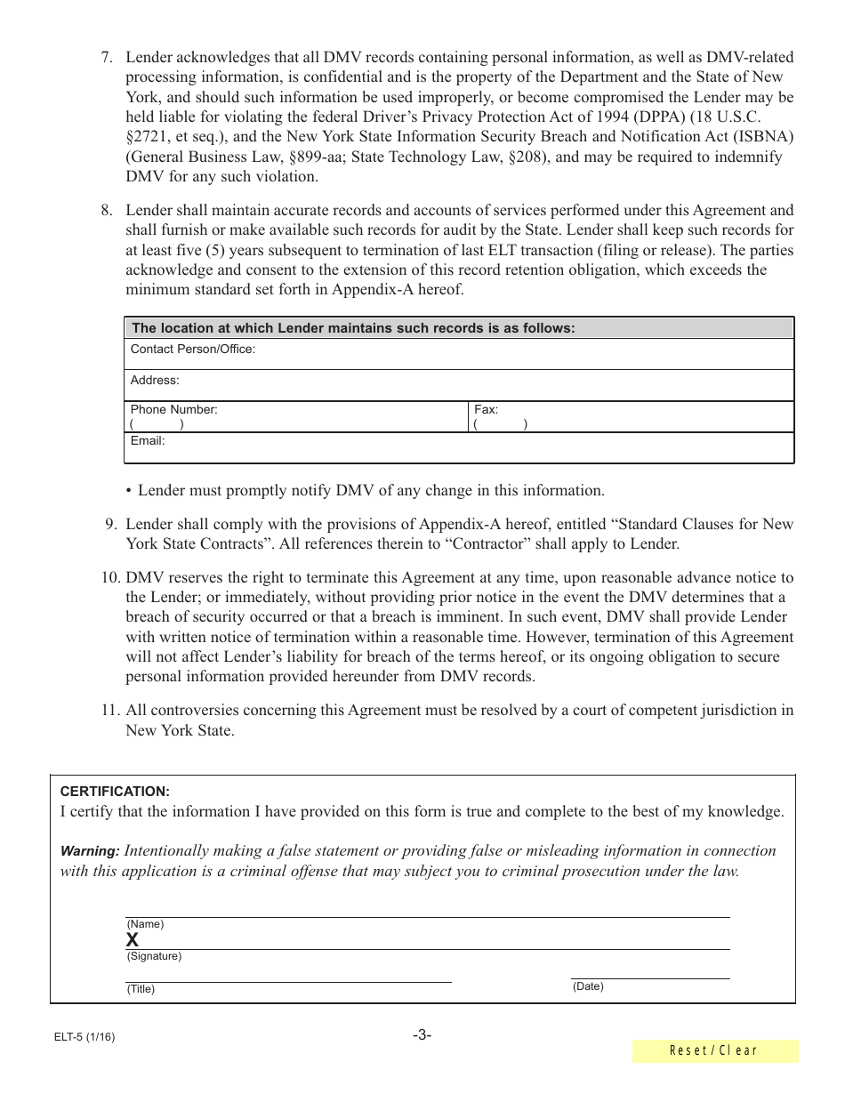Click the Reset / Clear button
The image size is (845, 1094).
714,1051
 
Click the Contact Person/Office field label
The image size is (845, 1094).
193,350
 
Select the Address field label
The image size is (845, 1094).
155,381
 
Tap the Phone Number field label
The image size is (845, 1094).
173,410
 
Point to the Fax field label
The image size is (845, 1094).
486,410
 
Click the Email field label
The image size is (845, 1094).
148,441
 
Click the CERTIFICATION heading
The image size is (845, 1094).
115,792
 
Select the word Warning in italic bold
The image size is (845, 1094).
89,851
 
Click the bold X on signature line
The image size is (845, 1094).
133,940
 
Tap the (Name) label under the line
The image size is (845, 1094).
145,924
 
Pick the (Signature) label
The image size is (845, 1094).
154,956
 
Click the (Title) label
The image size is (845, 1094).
141,989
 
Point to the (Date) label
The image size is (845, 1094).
588,986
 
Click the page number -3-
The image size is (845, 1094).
422,1034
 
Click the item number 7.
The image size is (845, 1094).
106,58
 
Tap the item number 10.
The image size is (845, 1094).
109,578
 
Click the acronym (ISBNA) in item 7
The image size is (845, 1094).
758,137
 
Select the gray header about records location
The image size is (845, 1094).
354,328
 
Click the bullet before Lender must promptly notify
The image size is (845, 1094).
129,491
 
